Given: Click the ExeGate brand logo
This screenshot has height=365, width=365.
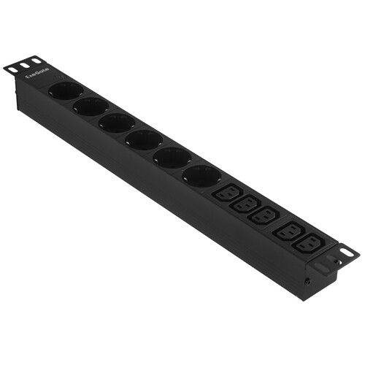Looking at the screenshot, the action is (x=37, y=73).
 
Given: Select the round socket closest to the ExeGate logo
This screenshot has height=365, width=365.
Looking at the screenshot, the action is (x=66, y=91).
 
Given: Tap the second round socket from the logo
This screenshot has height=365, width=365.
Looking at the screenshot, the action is (x=91, y=107).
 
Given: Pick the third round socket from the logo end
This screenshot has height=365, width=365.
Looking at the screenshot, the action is (x=117, y=123).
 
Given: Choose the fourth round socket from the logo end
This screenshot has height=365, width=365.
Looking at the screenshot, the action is (x=144, y=140).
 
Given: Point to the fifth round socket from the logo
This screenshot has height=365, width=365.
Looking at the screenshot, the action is (x=172, y=158).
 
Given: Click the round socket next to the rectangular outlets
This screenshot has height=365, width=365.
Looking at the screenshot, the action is (x=202, y=176).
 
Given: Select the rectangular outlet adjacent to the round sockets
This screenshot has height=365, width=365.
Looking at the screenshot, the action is (x=227, y=192).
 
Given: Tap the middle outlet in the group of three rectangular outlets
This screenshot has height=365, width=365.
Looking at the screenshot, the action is (x=246, y=203).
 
